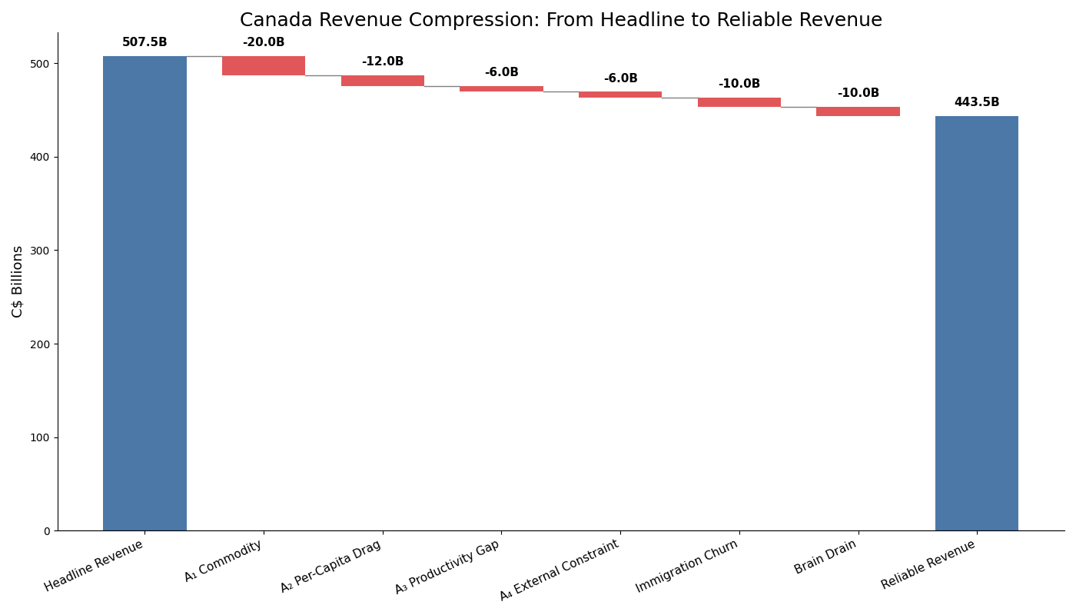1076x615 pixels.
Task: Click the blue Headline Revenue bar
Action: click(144, 292)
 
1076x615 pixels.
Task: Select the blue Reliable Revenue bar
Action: click(976, 323)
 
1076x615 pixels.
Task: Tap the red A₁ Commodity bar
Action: click(264, 65)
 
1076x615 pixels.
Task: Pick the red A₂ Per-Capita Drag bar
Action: click(383, 81)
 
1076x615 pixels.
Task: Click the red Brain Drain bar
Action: click(858, 111)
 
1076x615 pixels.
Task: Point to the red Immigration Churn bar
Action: click(739, 102)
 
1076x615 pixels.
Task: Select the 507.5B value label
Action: click(144, 43)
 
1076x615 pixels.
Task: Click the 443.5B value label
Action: click(976, 103)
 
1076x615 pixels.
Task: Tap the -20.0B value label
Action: click(264, 43)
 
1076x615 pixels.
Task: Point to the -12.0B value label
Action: click(383, 62)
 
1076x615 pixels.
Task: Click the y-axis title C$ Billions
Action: click(18, 281)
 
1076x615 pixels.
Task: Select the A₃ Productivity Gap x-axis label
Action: click(447, 567)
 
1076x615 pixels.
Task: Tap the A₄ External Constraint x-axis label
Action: click(559, 570)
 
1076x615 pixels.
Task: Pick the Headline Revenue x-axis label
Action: click(94, 566)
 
